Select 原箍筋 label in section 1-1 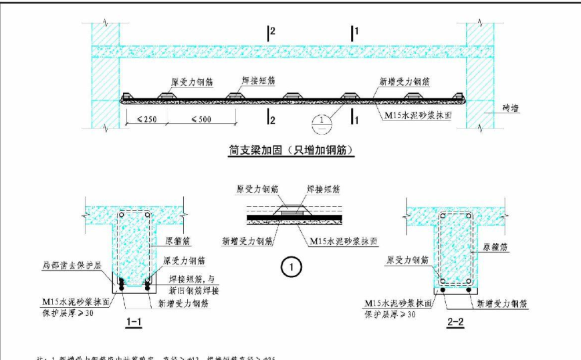[x=175, y=239]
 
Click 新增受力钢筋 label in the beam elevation [x=404, y=82]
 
